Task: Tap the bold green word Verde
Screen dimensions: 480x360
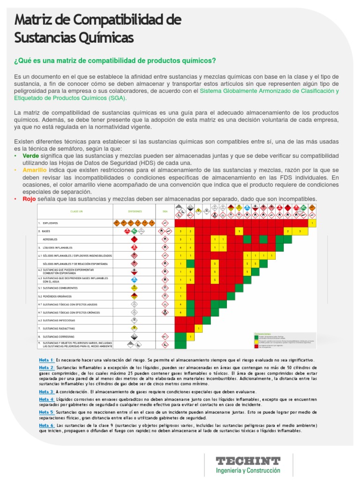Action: coord(31,156)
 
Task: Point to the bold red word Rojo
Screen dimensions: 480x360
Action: coord(30,199)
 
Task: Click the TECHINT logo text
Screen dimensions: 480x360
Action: coord(247,461)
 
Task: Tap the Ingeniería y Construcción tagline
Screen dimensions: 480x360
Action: coord(247,470)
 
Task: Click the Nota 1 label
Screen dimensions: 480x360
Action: coord(47,360)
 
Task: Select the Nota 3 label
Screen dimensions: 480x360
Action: coord(47,391)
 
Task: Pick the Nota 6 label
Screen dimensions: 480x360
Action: coord(47,425)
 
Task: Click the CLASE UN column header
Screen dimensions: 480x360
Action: coord(76,211)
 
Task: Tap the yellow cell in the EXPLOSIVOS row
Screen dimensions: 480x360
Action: coord(312,223)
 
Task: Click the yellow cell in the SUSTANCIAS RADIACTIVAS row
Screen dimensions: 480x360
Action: coord(199,329)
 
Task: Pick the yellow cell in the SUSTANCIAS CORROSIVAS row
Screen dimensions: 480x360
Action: coord(191,337)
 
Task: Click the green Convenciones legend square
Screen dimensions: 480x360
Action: coord(255,337)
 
